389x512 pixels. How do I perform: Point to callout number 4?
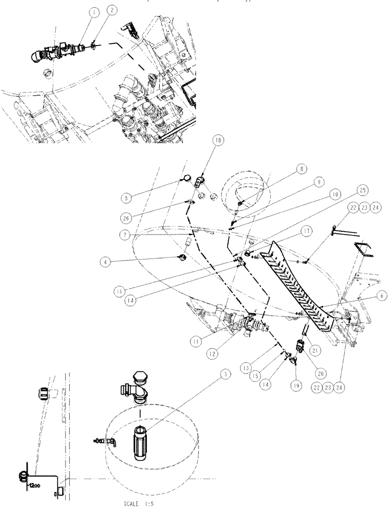pyautogui.click(x=107, y=262)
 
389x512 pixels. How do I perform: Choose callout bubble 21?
pyautogui.click(x=314, y=350)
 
